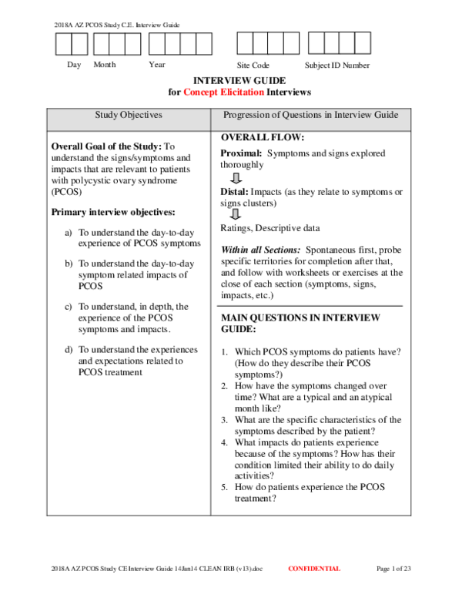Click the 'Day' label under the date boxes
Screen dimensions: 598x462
74,66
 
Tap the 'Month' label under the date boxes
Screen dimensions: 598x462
105,66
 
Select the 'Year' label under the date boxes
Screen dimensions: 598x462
157,66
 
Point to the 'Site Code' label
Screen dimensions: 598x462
253,66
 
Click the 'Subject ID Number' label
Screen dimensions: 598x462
337,66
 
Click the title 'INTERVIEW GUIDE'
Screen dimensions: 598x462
239,81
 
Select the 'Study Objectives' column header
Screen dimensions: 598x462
129,116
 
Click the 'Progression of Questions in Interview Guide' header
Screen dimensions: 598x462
310,116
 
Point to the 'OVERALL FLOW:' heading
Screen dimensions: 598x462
263,138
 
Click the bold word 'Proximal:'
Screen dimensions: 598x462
241,154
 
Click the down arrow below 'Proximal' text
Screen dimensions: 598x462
236,177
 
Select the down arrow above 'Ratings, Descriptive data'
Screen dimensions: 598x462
236,214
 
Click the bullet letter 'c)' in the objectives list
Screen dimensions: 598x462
69,307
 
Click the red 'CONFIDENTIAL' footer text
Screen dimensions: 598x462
313,569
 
